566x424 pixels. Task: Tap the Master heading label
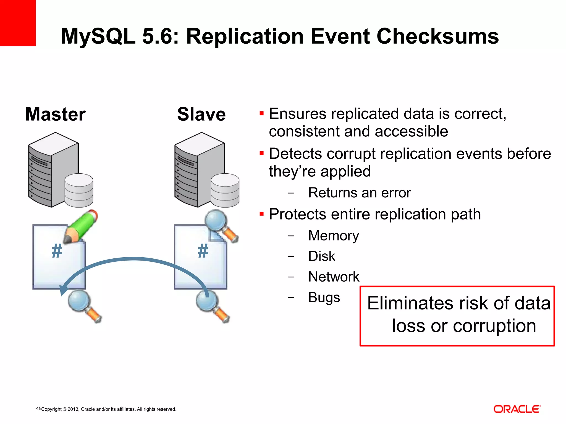[x=55, y=114]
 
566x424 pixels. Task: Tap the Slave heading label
[x=201, y=114]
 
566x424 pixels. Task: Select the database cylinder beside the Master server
[x=79, y=190]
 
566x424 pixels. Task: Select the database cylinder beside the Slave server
[x=225, y=190]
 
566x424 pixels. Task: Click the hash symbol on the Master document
[x=57, y=251]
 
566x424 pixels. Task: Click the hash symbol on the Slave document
[x=203, y=251]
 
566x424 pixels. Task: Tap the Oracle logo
[x=517, y=409]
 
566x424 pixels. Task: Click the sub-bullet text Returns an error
[x=359, y=193]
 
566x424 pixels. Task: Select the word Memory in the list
[x=333, y=236]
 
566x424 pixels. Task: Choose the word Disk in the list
[x=322, y=256]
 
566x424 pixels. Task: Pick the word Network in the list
[x=334, y=277]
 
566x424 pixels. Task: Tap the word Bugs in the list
[x=324, y=297]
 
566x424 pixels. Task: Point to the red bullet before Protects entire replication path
[x=261, y=214]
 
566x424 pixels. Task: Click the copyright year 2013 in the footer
[x=73, y=409]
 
